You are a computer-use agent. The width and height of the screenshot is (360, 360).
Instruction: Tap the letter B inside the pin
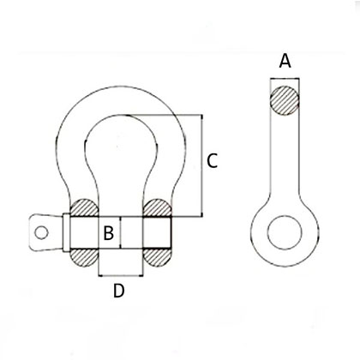[x=109, y=232]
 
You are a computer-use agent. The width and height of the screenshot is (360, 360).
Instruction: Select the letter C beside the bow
[x=213, y=159]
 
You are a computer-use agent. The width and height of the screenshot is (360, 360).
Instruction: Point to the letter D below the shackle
[x=119, y=291]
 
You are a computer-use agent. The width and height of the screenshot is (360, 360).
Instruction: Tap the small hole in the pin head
[x=39, y=230]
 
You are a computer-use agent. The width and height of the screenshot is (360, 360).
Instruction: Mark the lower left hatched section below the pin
[x=84, y=256]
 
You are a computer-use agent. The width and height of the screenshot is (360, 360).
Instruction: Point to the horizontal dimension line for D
[x=120, y=276]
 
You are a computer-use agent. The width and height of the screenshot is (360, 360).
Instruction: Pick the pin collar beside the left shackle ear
[x=63, y=232]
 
